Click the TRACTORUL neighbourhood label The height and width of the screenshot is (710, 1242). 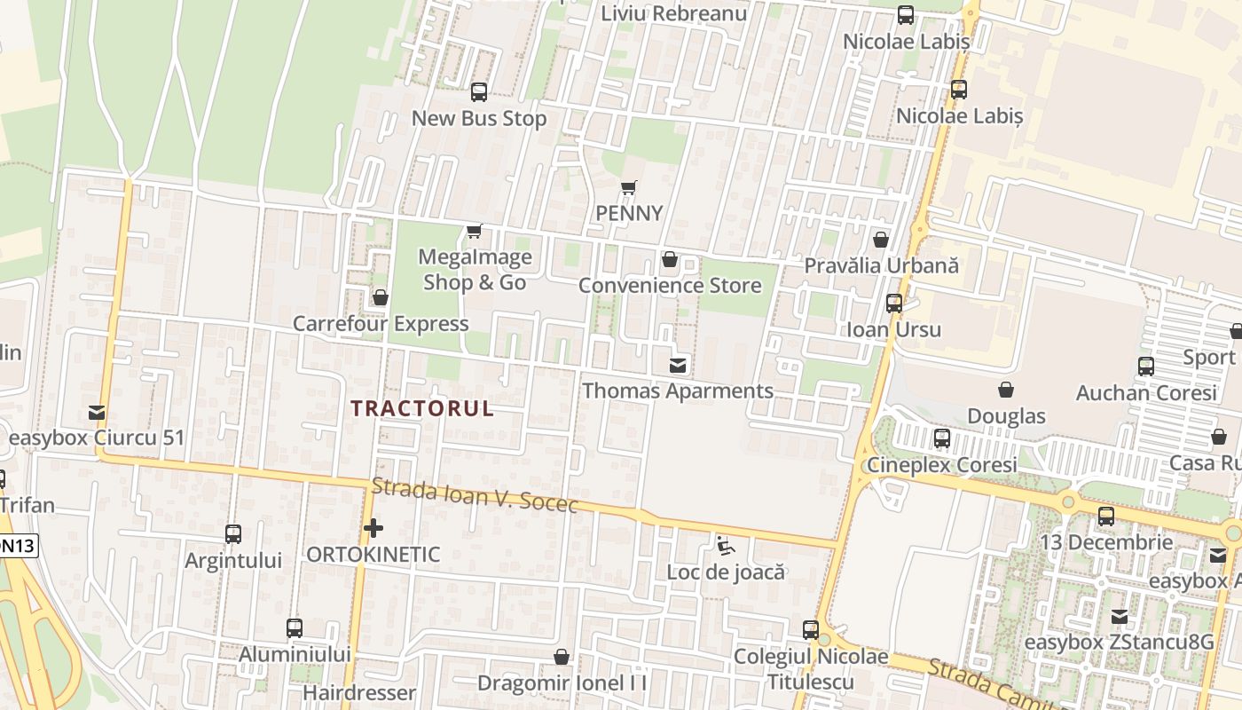click(422, 409)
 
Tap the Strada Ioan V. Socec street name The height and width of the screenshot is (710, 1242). click(475, 496)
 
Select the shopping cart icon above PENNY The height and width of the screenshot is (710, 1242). click(629, 187)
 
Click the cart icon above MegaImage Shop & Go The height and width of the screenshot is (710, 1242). click(475, 232)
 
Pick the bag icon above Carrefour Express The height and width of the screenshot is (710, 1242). click(381, 297)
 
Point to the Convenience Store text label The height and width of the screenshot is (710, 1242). click(670, 285)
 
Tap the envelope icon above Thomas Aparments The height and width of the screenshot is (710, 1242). click(678, 365)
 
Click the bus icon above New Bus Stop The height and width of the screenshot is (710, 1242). click(479, 91)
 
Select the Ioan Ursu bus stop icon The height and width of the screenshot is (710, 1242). click(894, 304)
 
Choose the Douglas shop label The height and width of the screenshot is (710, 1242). click(1006, 416)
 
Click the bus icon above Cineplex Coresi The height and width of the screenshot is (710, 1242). click(942, 438)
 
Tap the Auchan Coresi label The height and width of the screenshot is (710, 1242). click(1146, 392)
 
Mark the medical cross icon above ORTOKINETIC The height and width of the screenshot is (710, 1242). click(373, 529)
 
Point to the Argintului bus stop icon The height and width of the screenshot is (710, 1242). click(233, 534)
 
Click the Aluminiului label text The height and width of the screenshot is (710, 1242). click(295, 654)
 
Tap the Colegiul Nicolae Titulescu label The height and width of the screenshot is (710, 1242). click(810, 669)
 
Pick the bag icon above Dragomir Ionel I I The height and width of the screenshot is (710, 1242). click(561, 658)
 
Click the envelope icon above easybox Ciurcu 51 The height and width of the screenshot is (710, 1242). click(97, 413)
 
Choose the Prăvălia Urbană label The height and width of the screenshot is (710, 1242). click(881, 265)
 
